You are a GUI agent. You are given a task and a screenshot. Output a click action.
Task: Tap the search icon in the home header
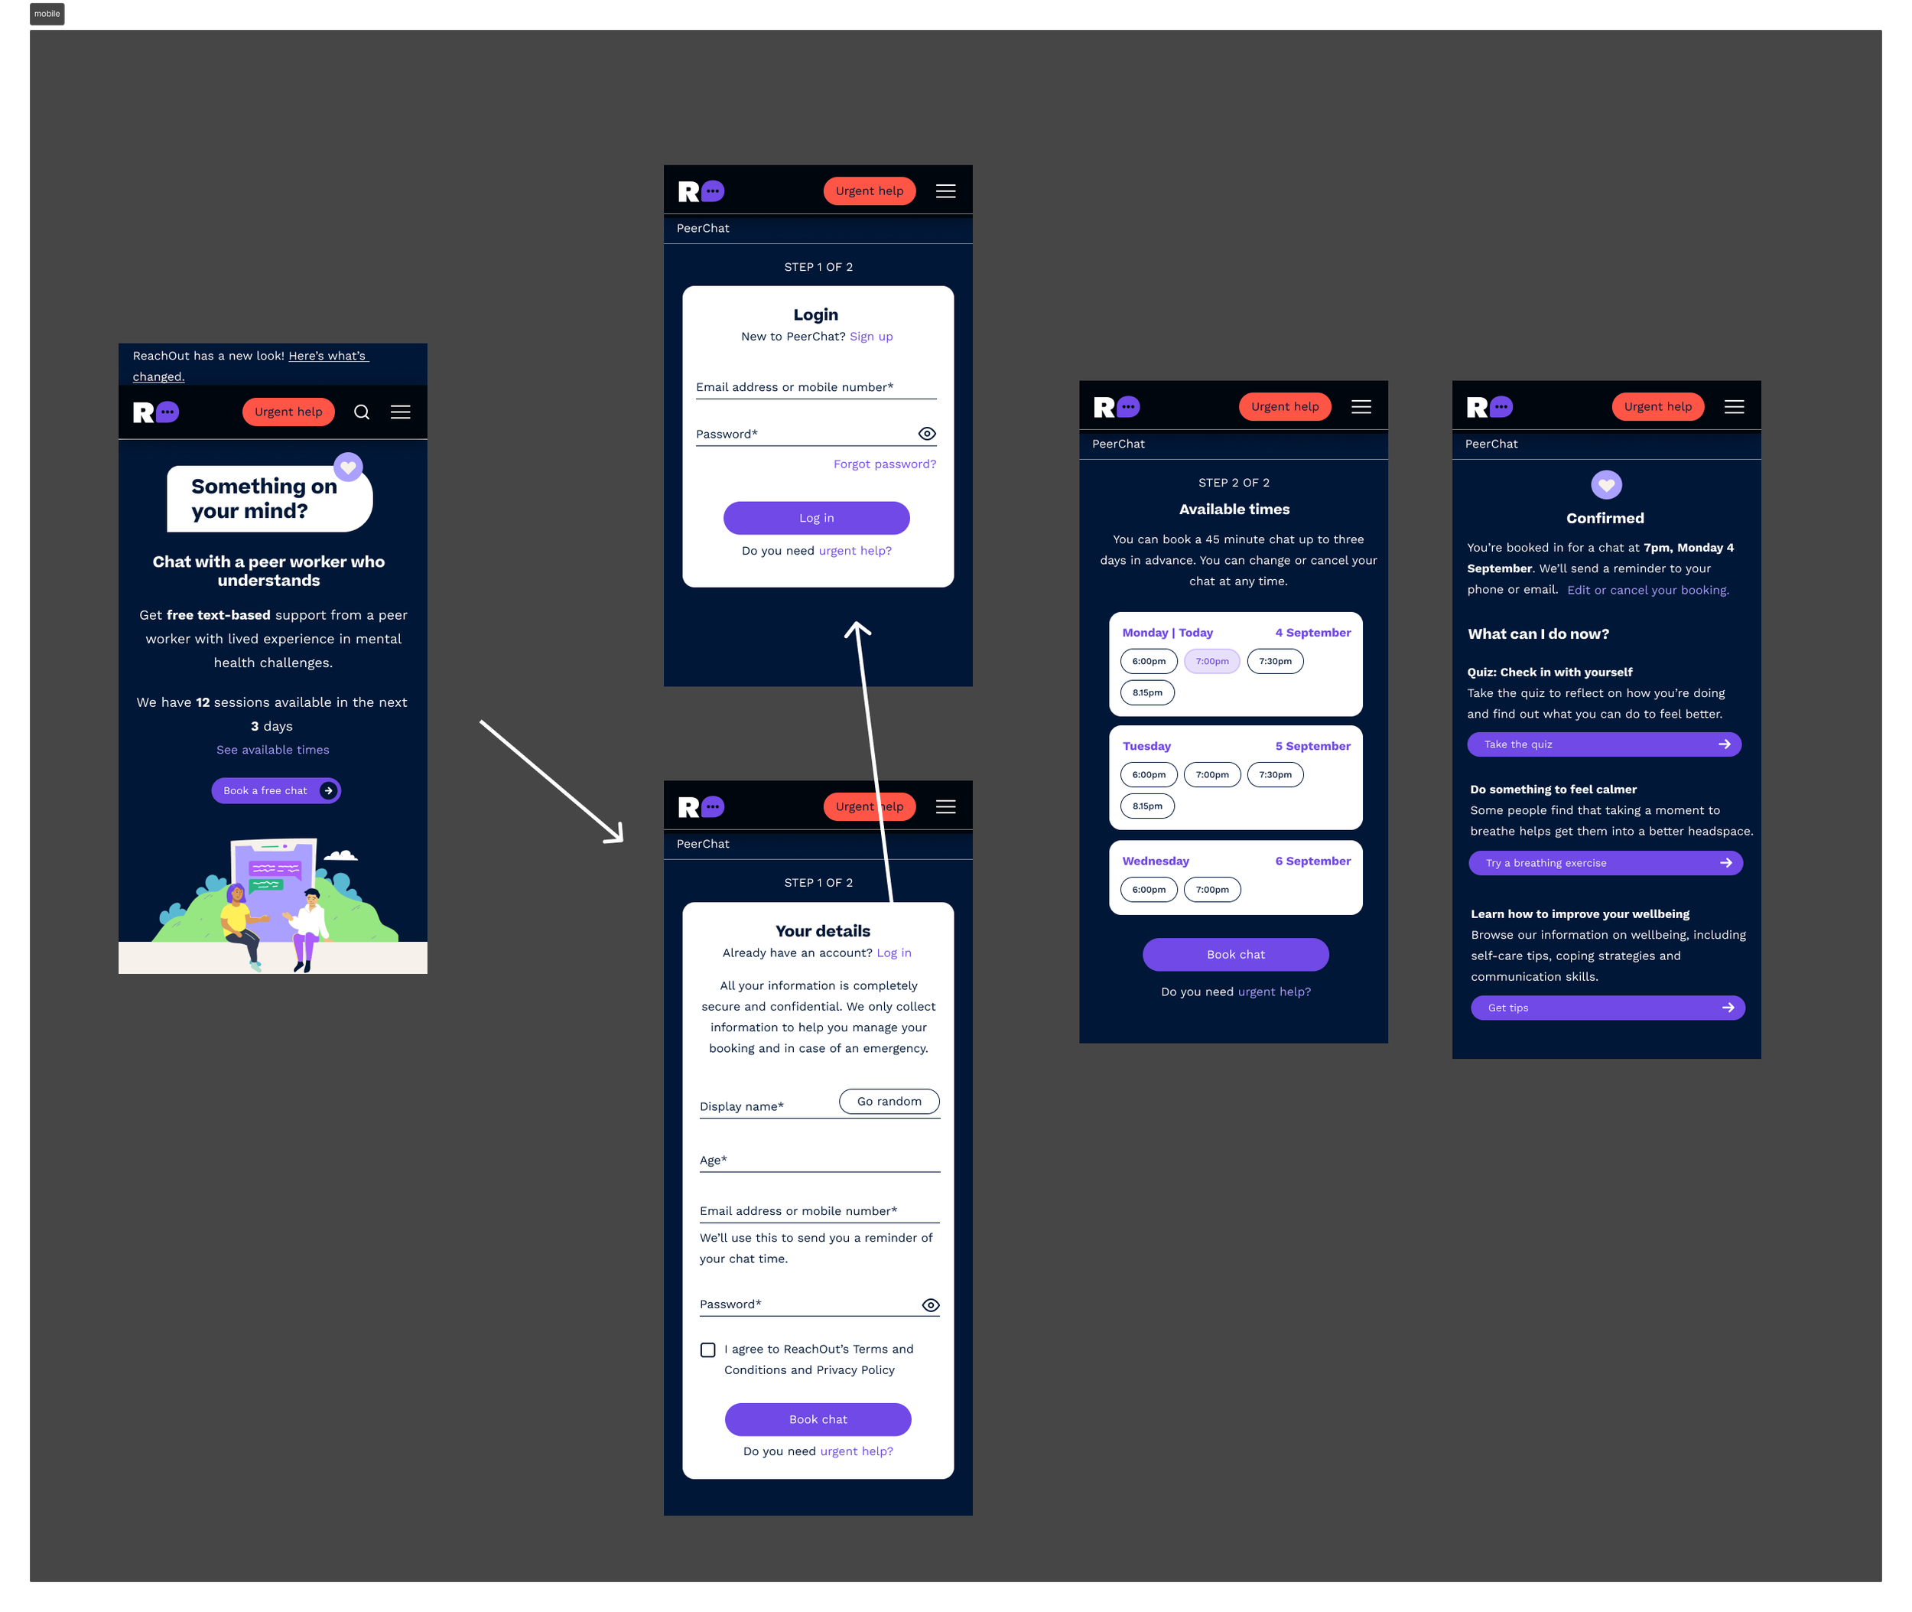tap(362, 412)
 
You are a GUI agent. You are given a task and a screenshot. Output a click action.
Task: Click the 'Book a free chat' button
tap(276, 790)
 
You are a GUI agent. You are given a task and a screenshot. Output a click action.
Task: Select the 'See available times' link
tap(272, 749)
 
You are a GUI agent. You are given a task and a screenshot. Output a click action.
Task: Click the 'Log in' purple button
tap(816, 518)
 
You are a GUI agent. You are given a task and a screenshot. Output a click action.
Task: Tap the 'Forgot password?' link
tap(884, 464)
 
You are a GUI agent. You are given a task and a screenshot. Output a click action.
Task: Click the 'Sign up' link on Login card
tap(870, 337)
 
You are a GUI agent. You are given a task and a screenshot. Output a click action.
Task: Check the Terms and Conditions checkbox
tap(708, 1350)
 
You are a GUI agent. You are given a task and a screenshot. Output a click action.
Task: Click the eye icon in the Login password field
tap(926, 434)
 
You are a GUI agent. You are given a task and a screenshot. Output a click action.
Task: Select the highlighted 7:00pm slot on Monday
tap(1211, 662)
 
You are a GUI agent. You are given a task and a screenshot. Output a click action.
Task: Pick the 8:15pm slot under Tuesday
tap(1147, 806)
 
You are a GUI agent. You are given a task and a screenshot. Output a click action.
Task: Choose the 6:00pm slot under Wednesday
tap(1148, 889)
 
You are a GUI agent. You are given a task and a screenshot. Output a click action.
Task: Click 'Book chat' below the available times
tap(1235, 954)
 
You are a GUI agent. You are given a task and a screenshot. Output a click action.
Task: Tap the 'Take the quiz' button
tap(1603, 744)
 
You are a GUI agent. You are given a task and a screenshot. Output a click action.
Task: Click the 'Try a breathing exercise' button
tap(1605, 863)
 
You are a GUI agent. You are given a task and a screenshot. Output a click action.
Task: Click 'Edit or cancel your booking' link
tap(1647, 591)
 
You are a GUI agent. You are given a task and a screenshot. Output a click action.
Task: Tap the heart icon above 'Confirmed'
tap(1606, 485)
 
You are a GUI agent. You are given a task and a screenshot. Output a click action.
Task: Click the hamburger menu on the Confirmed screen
tap(1734, 407)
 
